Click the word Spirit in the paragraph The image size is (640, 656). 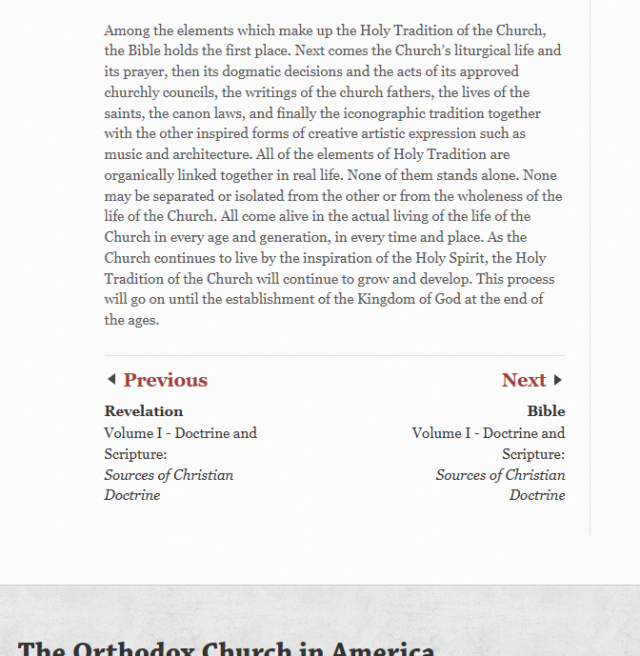point(487,258)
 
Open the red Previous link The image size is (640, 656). point(165,380)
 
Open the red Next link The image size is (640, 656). point(524,380)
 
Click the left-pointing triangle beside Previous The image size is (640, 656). point(111,380)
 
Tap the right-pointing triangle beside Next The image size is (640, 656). point(558,380)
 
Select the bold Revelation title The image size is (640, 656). point(144,411)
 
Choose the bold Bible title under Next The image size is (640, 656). point(546,411)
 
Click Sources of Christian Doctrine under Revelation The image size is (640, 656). point(169,485)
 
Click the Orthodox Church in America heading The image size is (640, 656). point(226,647)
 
